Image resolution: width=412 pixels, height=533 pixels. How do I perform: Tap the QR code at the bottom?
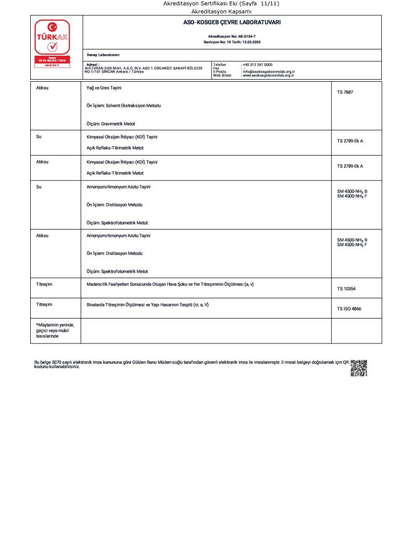point(359,367)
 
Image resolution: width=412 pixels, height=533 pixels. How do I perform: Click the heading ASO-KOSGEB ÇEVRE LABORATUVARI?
point(232,23)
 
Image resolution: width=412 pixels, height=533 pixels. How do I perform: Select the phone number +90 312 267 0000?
point(257,65)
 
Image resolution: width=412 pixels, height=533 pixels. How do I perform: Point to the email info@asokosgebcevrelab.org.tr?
point(269,72)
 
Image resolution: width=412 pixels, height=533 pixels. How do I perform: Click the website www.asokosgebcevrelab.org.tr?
point(268,75)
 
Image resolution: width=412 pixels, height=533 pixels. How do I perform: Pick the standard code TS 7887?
point(345,92)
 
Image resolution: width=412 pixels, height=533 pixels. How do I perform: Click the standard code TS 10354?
point(346,288)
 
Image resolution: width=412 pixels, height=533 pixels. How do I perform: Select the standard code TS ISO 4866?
point(349,309)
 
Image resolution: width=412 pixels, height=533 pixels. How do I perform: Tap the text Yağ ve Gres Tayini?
point(104,88)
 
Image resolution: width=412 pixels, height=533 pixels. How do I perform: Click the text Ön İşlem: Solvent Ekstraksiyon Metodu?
point(123,106)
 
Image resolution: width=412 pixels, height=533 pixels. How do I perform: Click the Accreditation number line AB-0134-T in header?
point(232,36)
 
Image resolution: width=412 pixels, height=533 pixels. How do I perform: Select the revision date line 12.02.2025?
point(232,41)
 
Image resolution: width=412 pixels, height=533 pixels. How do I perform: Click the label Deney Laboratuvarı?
point(103,55)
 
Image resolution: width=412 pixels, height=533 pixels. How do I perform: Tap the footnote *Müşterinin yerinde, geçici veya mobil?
point(52,331)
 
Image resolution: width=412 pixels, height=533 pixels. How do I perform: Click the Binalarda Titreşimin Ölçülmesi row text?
point(147,304)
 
